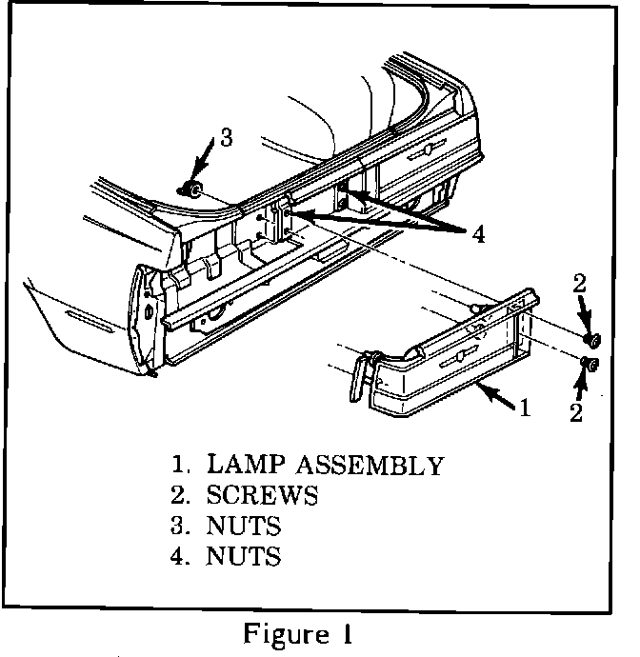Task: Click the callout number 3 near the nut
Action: [x=226, y=137]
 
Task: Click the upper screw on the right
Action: [x=591, y=338]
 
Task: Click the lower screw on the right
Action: [x=590, y=364]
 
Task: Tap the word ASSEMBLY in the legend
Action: [x=370, y=467]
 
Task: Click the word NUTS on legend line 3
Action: [x=244, y=526]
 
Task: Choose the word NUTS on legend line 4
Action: [x=244, y=555]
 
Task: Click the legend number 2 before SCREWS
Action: [x=177, y=496]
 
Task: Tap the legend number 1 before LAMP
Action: [x=178, y=467]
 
